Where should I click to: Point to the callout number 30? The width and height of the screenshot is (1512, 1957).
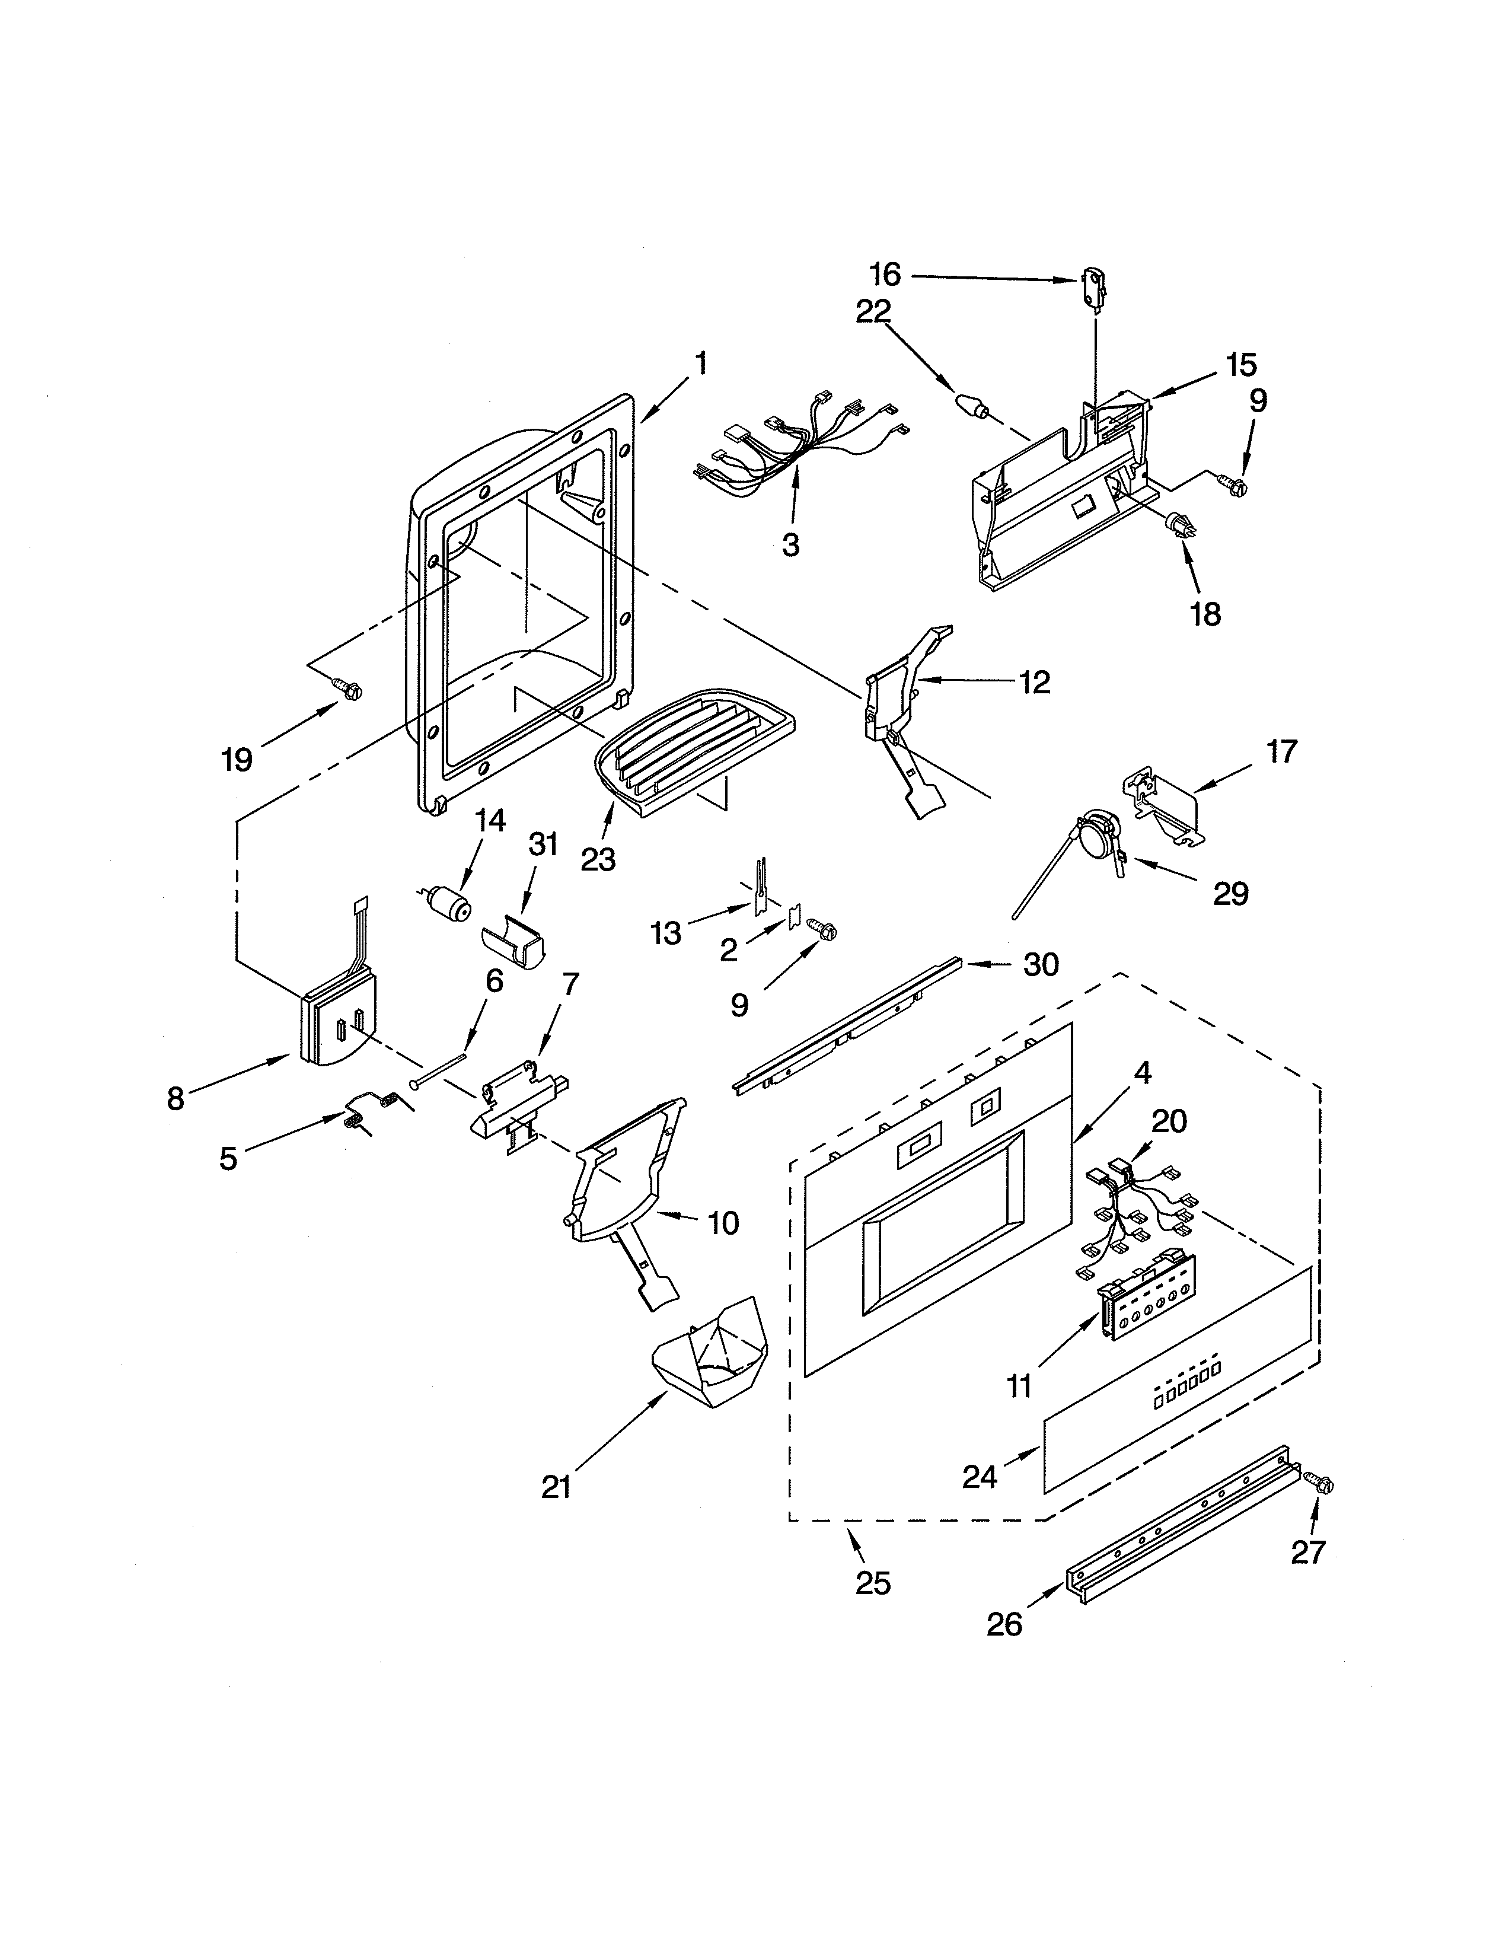point(1041,964)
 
